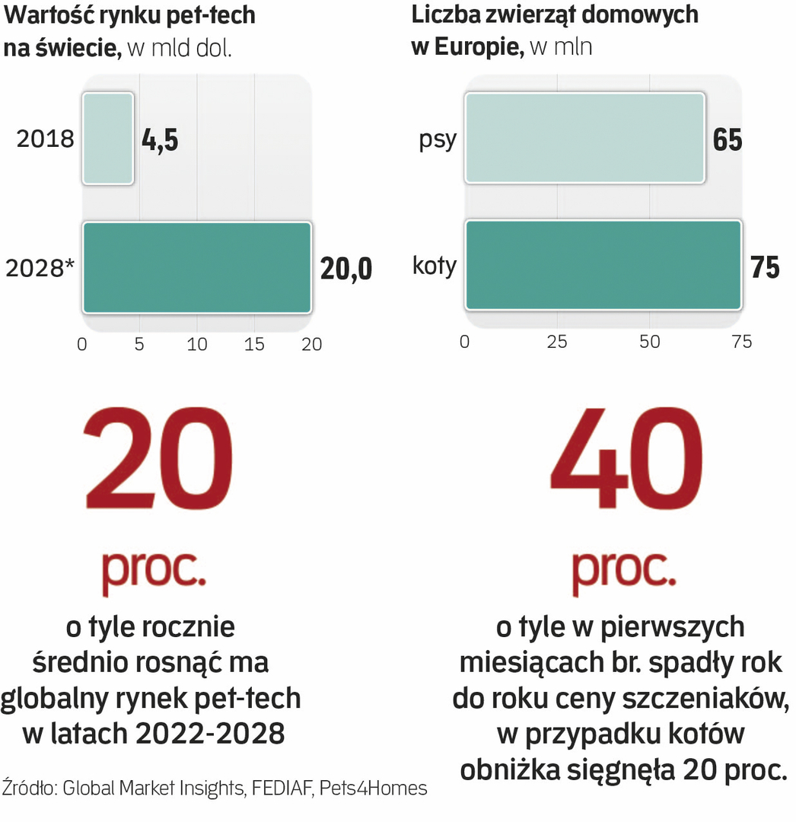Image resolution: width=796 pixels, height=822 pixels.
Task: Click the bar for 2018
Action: click(x=108, y=139)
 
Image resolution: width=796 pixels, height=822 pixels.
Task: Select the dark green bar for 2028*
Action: click(x=196, y=267)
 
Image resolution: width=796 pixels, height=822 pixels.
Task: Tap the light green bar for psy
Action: click(x=584, y=139)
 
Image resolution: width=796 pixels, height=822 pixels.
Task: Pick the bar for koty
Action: click(x=603, y=266)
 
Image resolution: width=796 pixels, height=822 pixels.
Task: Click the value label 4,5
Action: click(x=160, y=140)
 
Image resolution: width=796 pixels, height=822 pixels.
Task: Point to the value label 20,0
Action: click(x=346, y=269)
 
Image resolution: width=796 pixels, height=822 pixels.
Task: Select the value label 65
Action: click(x=728, y=140)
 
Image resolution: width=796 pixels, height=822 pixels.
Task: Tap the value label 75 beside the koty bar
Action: click(x=764, y=267)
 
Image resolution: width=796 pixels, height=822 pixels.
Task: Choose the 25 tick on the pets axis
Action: click(x=557, y=342)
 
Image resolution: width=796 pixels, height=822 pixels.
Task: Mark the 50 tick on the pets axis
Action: click(x=649, y=342)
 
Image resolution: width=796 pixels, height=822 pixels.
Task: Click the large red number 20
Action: click(x=159, y=460)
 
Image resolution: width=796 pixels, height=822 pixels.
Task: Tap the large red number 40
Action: click(x=626, y=460)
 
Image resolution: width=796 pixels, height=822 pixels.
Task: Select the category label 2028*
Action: click(x=40, y=269)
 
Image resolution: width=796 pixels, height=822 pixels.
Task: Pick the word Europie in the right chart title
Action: click(x=477, y=46)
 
